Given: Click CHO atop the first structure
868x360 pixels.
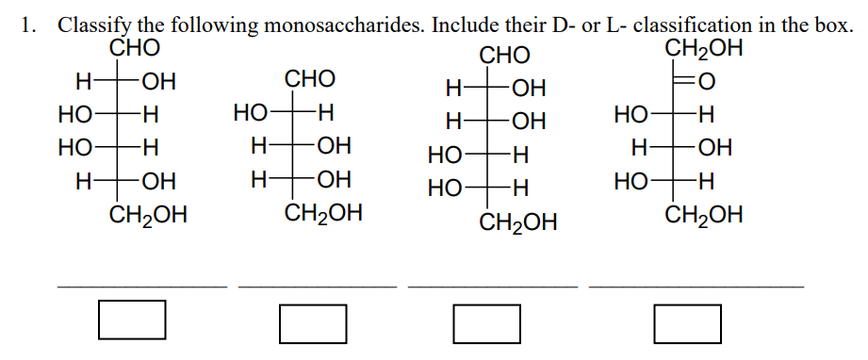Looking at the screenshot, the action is (135, 47).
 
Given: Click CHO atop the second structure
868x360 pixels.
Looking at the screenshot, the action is (310, 78).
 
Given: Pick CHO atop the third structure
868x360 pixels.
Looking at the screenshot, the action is (505, 55).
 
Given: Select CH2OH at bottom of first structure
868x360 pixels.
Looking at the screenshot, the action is (148, 216).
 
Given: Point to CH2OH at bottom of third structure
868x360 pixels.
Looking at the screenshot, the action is (518, 223).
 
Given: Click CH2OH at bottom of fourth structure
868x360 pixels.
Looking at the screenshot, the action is (703, 216).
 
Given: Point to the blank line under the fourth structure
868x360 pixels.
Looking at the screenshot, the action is (696, 284).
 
